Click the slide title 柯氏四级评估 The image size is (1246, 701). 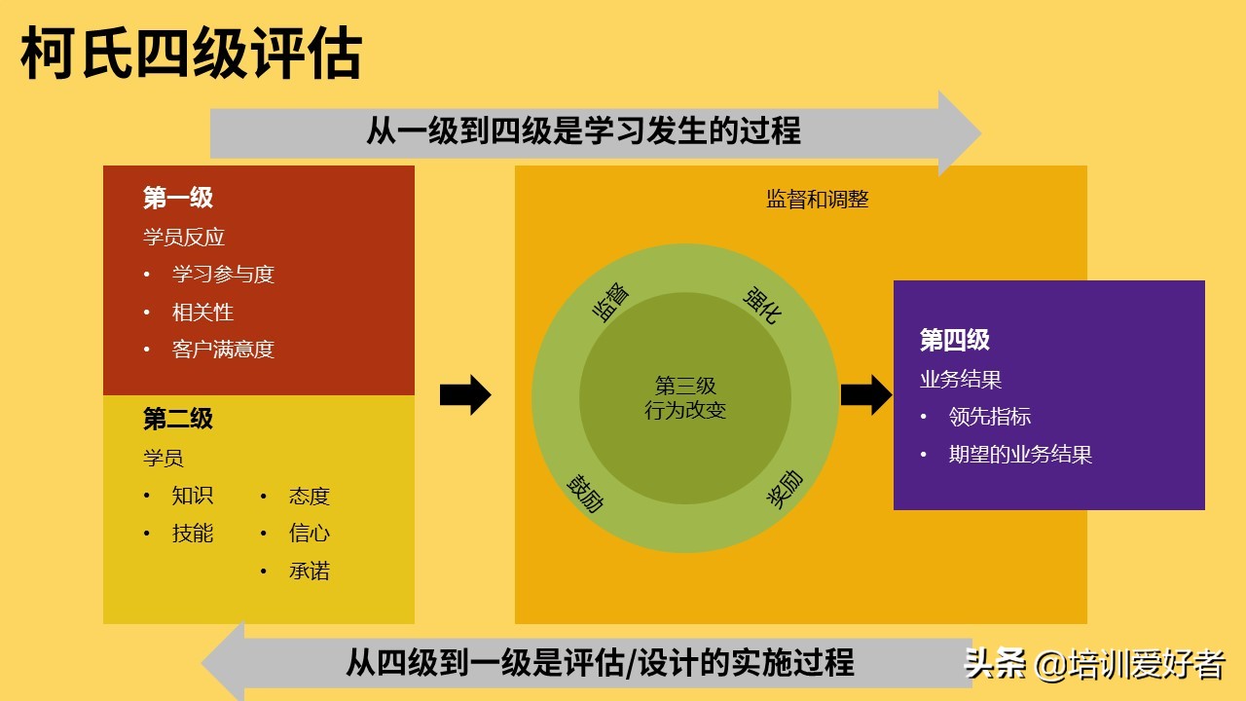[x=192, y=54]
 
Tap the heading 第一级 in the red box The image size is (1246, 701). [x=178, y=198]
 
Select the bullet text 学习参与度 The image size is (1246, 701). [x=223, y=274]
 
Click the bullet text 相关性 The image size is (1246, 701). [x=202, y=313]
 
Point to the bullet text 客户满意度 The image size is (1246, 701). [x=223, y=350]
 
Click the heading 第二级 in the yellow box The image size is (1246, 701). [x=178, y=419]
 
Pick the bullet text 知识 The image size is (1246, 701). [x=193, y=496]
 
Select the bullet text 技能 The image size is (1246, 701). [x=193, y=533]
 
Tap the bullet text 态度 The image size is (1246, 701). [x=310, y=496]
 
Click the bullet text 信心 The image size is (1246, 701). [x=310, y=533]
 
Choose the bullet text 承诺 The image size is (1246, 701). [x=310, y=571]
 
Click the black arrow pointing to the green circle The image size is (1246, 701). [x=465, y=395]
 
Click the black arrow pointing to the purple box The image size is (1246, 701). [x=866, y=395]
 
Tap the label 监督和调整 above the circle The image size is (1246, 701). [x=817, y=200]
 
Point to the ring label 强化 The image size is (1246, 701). [x=762, y=305]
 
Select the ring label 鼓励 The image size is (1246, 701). [x=585, y=494]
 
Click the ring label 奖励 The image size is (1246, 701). [x=785, y=489]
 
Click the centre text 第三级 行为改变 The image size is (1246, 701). [x=685, y=398]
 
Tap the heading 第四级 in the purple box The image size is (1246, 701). [x=955, y=340]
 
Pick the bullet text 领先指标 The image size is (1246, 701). [x=990, y=417]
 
